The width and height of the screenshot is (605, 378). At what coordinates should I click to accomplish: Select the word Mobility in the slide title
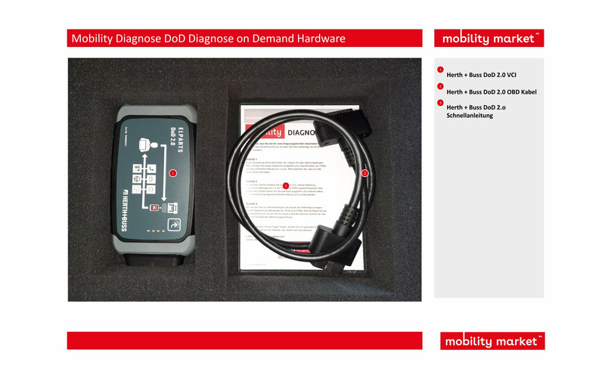(93, 39)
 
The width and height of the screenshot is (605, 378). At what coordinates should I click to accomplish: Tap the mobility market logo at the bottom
(492, 341)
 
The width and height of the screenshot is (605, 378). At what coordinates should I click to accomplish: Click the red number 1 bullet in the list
(440, 70)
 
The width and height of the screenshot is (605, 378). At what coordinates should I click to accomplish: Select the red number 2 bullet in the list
(440, 87)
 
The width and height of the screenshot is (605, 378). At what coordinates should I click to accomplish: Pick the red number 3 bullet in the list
(440, 103)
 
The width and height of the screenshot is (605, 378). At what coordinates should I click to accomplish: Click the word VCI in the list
(511, 75)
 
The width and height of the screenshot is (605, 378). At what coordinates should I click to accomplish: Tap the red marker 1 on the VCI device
(172, 173)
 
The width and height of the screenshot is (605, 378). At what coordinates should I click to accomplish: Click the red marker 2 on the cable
(365, 173)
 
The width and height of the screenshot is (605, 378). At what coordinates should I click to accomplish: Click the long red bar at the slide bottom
(244, 340)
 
